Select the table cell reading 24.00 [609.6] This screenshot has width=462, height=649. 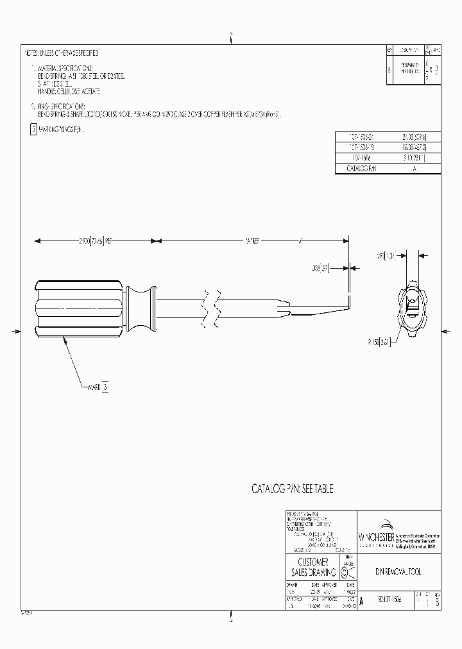click(414, 137)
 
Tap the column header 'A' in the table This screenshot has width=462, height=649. click(414, 169)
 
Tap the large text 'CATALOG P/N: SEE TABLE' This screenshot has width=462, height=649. click(293, 489)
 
